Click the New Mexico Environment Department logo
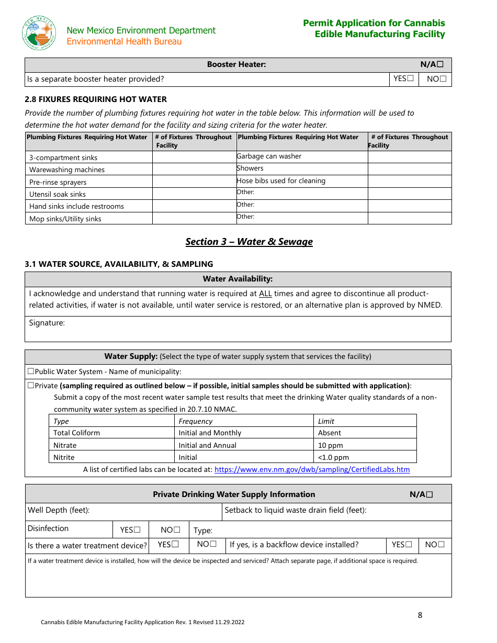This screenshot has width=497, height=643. coord(39,33)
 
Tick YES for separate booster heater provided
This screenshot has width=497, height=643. coord(410,79)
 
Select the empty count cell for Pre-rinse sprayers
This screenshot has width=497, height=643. coord(194,182)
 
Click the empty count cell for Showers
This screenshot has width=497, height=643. coord(409,169)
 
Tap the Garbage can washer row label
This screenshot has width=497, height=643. coord(269,156)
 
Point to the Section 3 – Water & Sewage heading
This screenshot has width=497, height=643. coord(249,242)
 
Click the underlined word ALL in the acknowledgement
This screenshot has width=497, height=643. coord(265,294)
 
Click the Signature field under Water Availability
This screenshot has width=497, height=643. coord(238,329)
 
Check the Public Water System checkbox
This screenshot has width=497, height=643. coord(31,371)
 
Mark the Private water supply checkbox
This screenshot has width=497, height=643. coord(31,386)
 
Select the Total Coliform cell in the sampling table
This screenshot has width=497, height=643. coord(76,433)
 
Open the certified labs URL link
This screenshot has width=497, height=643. coord(312,469)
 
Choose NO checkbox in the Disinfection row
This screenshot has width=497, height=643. coord(177,530)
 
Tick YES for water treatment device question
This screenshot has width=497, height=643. coord(175,545)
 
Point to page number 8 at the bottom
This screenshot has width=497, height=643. coord(420,615)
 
